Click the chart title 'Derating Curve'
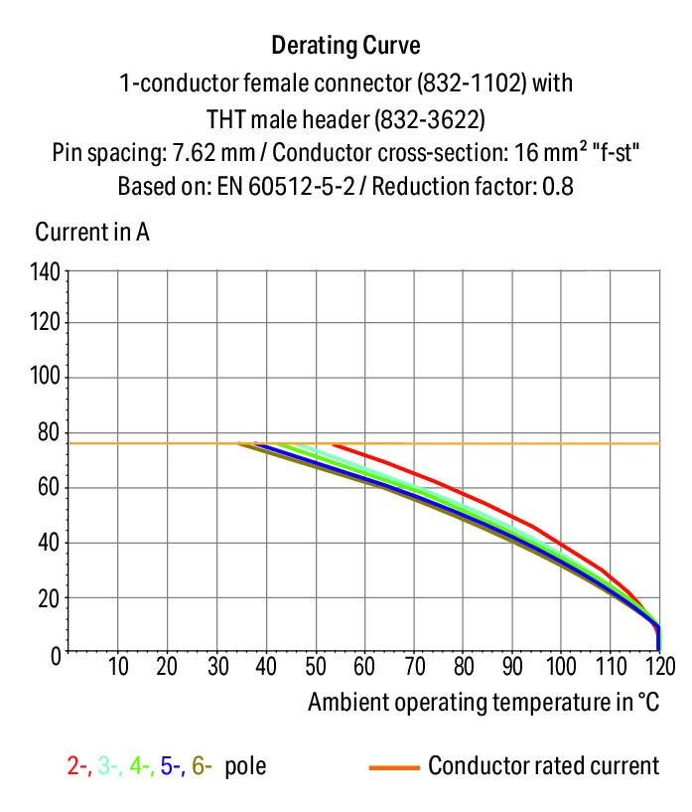click(x=346, y=46)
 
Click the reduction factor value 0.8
click(x=558, y=186)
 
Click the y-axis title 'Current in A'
click(x=92, y=233)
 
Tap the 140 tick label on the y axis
click(x=46, y=270)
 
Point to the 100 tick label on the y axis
click(x=46, y=378)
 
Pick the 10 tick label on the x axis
click(x=118, y=667)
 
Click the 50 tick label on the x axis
click(x=316, y=667)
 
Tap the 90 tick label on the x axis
click(x=512, y=667)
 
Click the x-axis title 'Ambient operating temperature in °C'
click(x=484, y=703)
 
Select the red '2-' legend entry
click(x=78, y=766)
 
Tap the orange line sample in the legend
click(x=392, y=767)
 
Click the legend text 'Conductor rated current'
click(x=543, y=766)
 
